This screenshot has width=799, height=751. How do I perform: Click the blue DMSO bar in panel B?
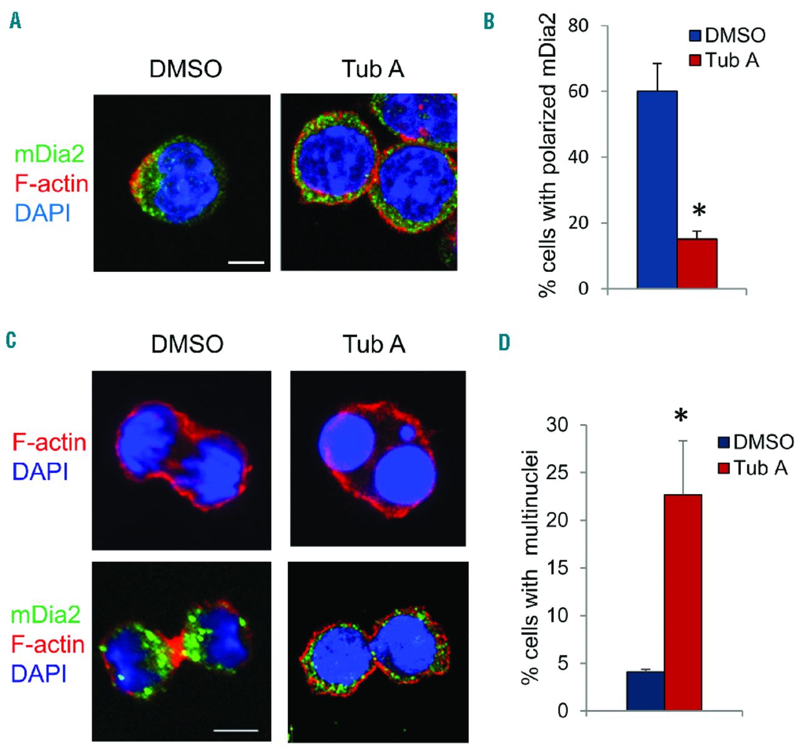click(x=657, y=190)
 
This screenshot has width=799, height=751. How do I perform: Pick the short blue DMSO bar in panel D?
click(x=645, y=690)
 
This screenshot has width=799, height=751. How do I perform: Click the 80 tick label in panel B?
click(x=579, y=26)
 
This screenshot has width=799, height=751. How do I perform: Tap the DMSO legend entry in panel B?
click(x=728, y=35)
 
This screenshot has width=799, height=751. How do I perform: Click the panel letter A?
click(x=16, y=22)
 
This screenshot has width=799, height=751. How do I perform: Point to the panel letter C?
click(x=11, y=341)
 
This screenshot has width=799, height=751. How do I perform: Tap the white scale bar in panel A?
click(x=247, y=263)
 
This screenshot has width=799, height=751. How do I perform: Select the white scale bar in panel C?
click(x=237, y=729)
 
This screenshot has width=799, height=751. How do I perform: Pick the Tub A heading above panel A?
click(x=373, y=69)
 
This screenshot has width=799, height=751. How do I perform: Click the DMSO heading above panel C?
click(x=187, y=344)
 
